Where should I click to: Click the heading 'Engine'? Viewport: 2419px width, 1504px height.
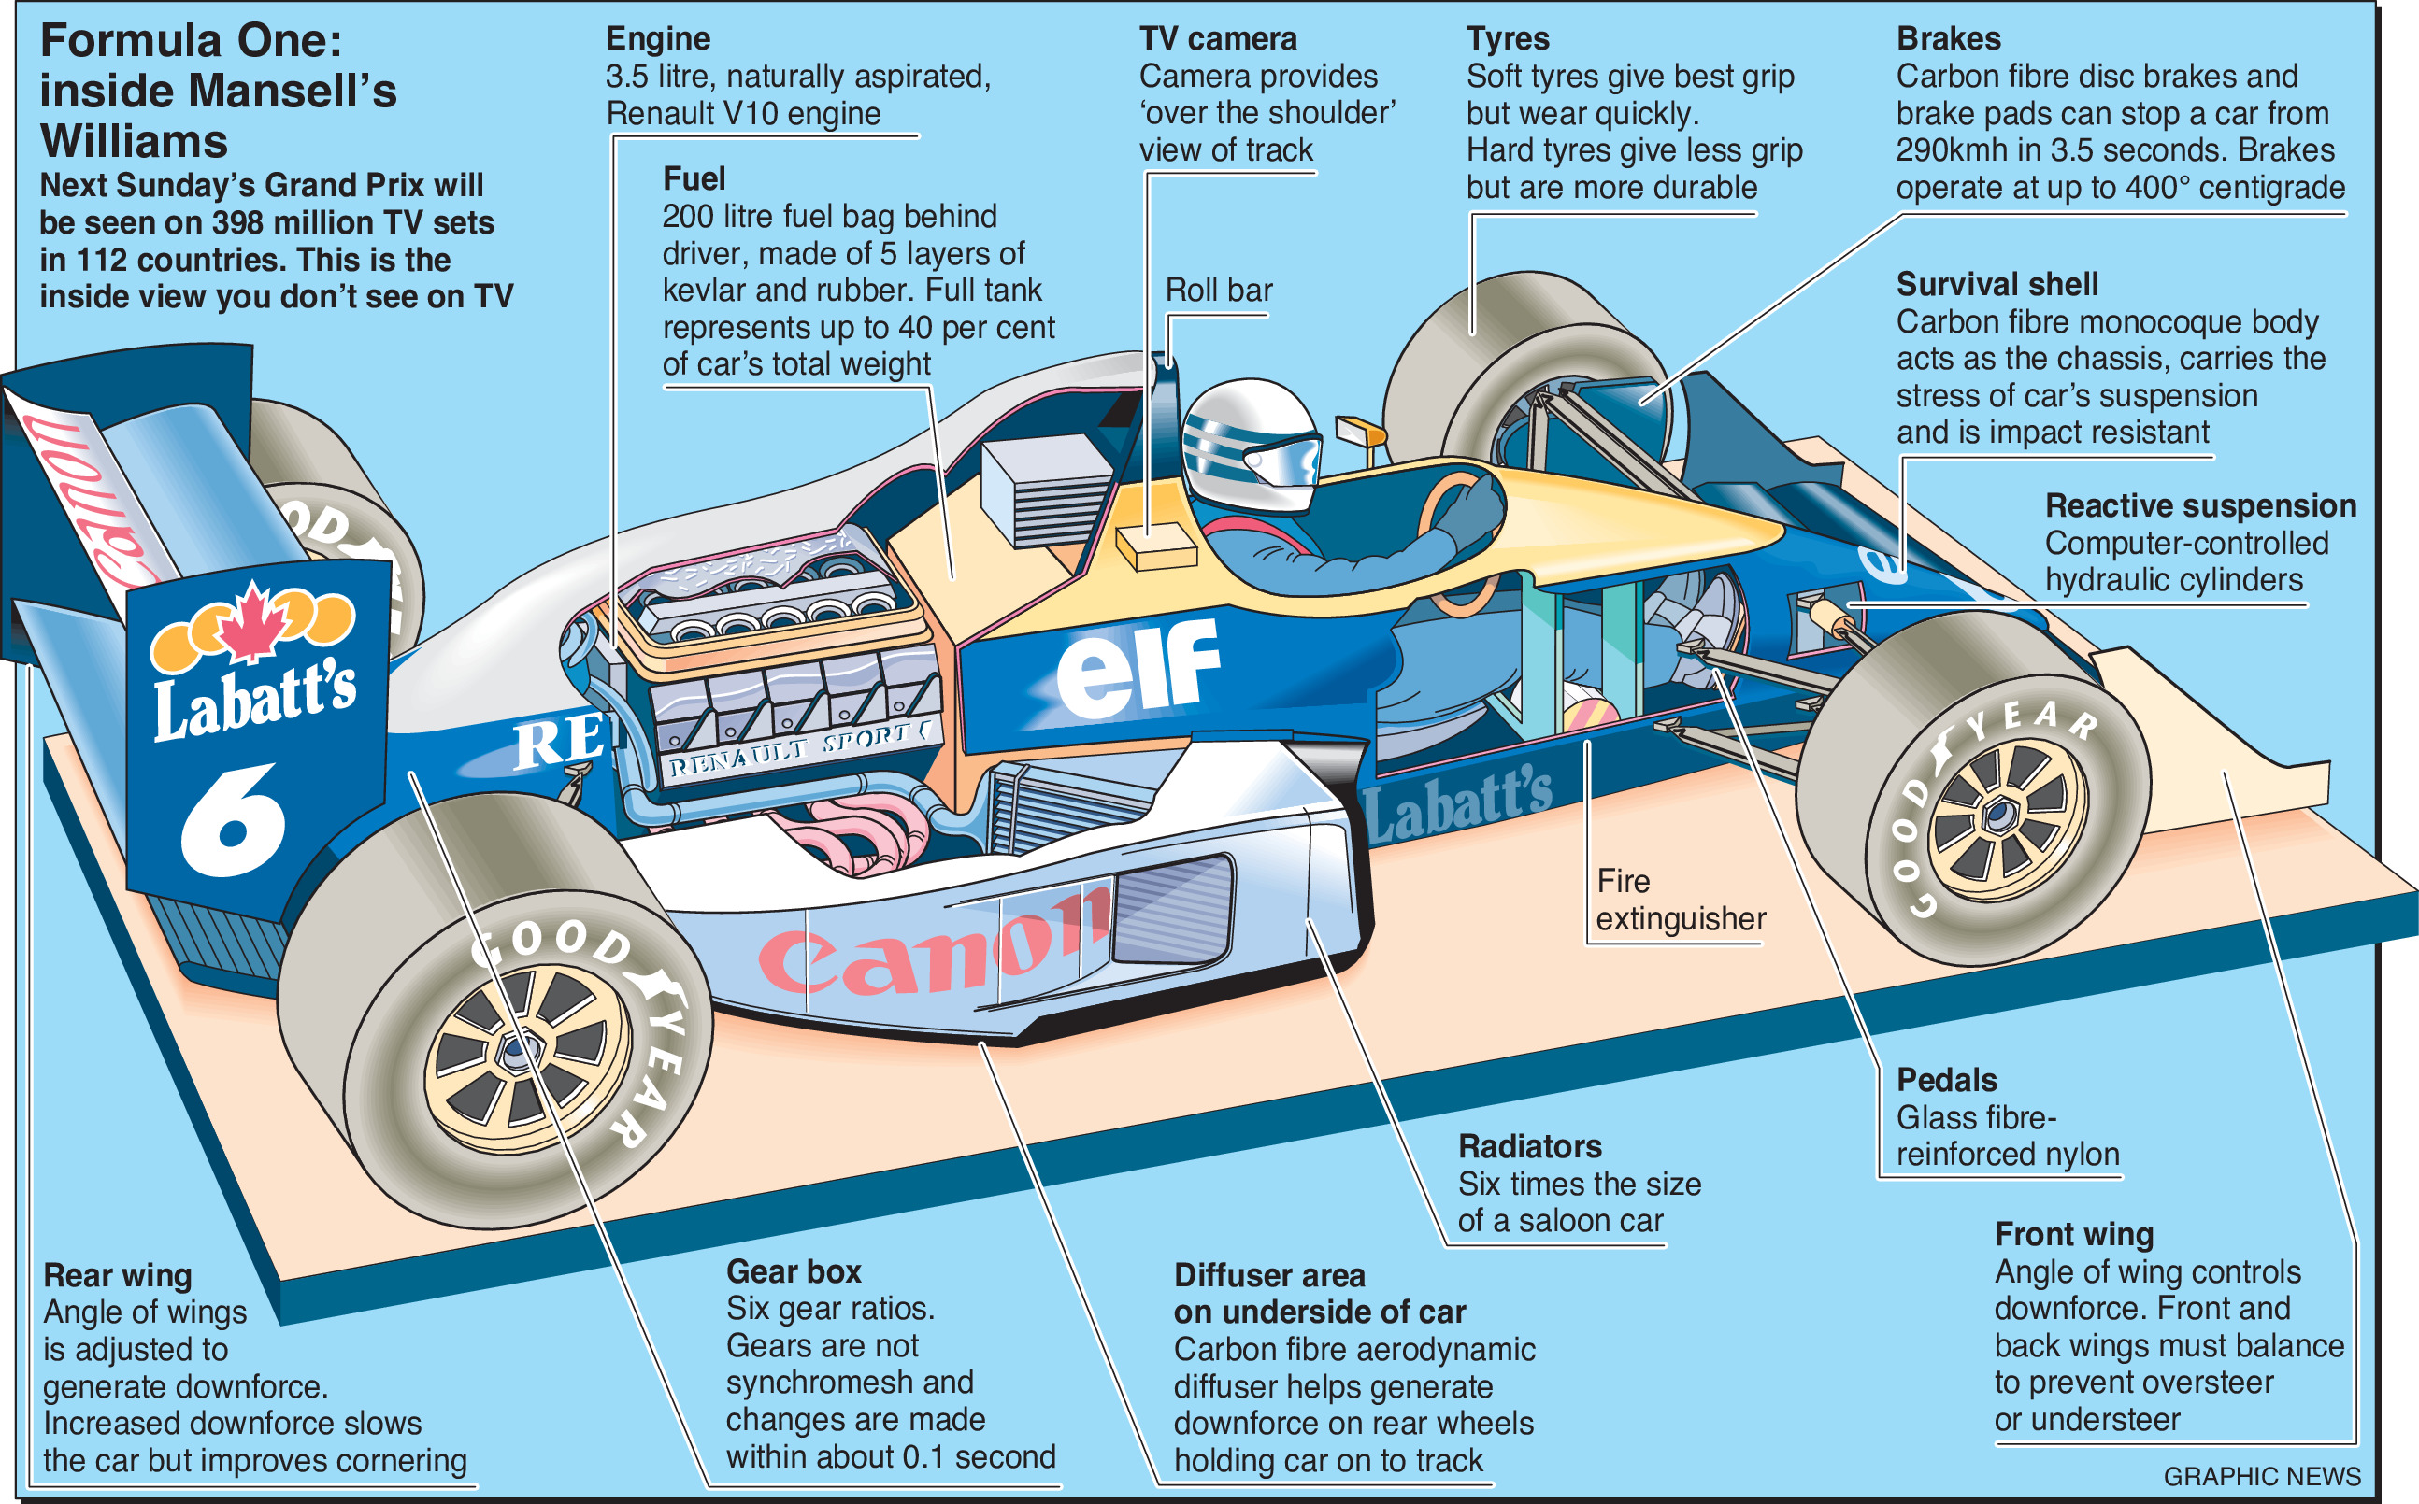point(658,39)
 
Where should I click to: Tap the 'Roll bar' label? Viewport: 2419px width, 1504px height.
point(1218,291)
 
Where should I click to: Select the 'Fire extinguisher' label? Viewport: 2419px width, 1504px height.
point(1680,901)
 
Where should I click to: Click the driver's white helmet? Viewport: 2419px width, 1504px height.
point(1251,443)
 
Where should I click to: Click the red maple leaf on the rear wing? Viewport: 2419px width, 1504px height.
point(251,622)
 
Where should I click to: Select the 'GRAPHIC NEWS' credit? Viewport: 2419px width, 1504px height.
point(2261,1476)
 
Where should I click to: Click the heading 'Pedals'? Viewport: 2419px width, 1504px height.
point(1945,1080)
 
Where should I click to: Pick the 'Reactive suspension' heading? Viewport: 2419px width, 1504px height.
point(2200,505)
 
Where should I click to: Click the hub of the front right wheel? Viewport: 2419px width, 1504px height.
point(1997,816)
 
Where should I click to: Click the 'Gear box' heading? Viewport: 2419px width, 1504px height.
point(793,1271)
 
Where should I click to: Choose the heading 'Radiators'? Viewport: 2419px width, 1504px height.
point(1529,1147)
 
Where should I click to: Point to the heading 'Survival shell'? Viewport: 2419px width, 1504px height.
point(1997,285)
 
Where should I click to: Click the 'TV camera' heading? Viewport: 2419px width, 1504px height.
point(1217,39)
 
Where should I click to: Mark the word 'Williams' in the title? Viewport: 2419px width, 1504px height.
point(135,141)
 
